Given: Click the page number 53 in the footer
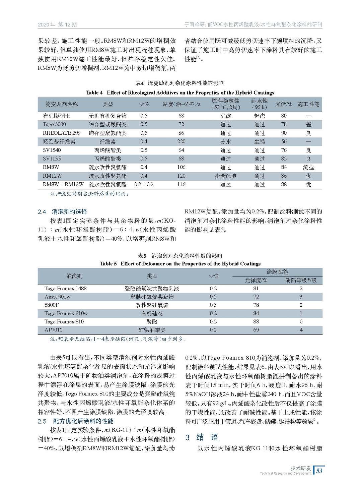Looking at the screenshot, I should click(319, 470).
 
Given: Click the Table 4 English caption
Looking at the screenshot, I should click(180, 93).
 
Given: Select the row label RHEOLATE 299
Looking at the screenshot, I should click(62, 133).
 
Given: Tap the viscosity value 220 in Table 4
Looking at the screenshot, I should click(181, 141).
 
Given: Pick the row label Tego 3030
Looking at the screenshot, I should click(54, 124).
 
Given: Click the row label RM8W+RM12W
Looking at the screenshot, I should click(63, 184).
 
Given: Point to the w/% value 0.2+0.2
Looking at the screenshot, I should click(144, 184).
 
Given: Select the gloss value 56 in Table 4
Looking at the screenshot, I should click(284, 141).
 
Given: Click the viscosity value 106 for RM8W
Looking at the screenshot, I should click(181, 167).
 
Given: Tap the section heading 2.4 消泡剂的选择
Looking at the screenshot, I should click(62, 211).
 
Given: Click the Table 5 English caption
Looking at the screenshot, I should click(180, 264).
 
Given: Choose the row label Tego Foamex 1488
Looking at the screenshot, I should click(65, 288).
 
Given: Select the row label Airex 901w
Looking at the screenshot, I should click(57, 297).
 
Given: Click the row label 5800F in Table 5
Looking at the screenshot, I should click(52, 305).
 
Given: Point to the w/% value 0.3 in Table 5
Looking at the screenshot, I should click(213, 305).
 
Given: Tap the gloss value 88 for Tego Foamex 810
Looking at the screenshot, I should click(256, 321).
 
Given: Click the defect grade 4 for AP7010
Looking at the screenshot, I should click(301, 330).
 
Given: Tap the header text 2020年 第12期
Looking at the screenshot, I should click(57, 24).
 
